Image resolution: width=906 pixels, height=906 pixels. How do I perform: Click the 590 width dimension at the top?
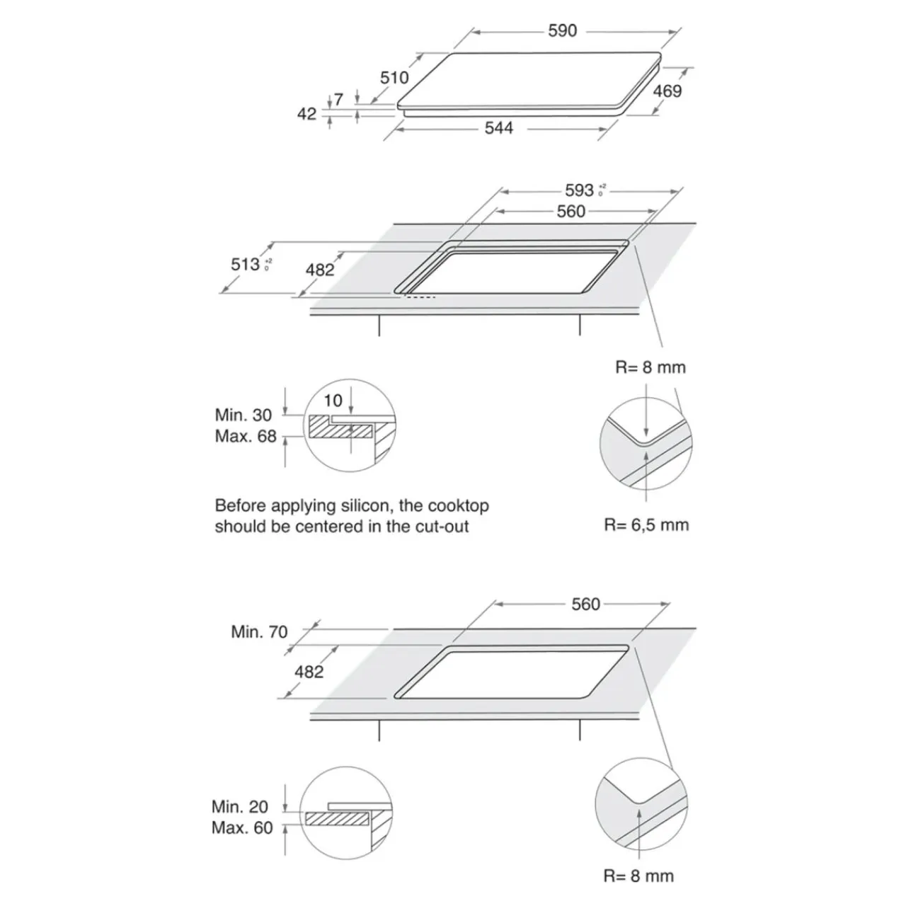click(x=563, y=30)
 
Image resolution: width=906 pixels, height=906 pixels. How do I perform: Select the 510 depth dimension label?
click(x=394, y=77)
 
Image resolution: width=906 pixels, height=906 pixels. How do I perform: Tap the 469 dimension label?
click(x=667, y=91)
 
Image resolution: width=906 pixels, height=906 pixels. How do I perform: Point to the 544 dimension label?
click(x=498, y=128)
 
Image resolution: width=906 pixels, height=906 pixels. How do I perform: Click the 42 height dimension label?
click(x=306, y=114)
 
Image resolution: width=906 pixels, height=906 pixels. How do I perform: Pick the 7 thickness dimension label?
click(x=338, y=100)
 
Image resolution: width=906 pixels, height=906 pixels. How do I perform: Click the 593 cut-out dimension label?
click(x=579, y=190)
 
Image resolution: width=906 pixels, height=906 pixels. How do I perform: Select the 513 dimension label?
click(x=245, y=264)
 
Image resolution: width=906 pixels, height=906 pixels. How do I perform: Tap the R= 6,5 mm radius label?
click(x=646, y=524)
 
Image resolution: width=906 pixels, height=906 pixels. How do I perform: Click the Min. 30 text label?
click(x=243, y=415)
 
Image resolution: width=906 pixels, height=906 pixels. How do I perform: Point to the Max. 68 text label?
click(x=245, y=437)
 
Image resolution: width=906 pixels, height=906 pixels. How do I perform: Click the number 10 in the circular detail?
click(x=333, y=401)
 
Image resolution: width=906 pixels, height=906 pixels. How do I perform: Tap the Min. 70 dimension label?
click(x=259, y=631)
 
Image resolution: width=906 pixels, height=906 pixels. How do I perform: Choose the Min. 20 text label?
click(x=240, y=807)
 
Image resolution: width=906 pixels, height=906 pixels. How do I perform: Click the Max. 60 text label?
click(x=241, y=828)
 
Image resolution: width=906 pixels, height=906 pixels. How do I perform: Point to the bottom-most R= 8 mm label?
click(x=638, y=876)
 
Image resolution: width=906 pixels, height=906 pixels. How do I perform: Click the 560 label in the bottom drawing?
click(x=585, y=604)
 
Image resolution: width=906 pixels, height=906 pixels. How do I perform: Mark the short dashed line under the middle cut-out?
click(x=420, y=297)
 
